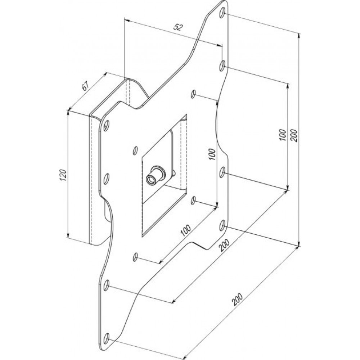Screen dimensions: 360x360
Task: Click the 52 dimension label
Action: point(178,27)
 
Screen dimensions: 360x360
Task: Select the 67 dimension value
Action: point(85,86)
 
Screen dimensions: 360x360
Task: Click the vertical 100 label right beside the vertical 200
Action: point(283,135)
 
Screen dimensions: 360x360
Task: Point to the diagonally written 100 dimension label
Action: point(185,230)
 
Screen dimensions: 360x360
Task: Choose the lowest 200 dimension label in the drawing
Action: point(237,299)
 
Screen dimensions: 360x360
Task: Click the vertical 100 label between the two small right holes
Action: point(212,154)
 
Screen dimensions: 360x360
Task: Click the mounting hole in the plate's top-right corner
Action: point(222,13)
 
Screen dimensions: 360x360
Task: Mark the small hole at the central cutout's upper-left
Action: point(135,150)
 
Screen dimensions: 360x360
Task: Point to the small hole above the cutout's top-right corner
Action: point(193,94)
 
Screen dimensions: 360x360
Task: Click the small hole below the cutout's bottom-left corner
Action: point(135,257)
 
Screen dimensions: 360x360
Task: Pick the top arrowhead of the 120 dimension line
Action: point(68,112)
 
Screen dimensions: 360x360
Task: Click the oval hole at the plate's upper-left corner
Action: point(106,126)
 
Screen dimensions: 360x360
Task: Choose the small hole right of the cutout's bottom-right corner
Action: point(193,201)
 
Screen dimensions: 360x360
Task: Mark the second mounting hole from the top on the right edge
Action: point(222,66)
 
